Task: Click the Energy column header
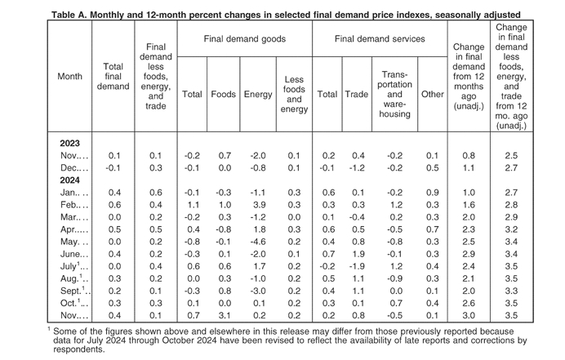point(258,95)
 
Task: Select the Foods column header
point(224,95)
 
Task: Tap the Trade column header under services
point(356,95)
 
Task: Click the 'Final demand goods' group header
point(245,39)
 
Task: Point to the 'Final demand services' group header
point(380,39)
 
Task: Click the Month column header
point(69,77)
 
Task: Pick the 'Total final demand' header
point(113,77)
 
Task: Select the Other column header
point(433,95)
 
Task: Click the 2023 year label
point(69,144)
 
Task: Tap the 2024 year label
point(69,180)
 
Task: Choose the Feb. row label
point(73,205)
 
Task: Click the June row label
point(73,254)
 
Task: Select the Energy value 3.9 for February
point(260,205)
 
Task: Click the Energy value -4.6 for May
point(258,242)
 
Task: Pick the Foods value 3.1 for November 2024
point(225,316)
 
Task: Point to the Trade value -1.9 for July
point(357,266)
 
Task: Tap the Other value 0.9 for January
point(433,193)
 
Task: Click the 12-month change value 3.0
point(469,316)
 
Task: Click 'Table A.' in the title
point(69,15)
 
